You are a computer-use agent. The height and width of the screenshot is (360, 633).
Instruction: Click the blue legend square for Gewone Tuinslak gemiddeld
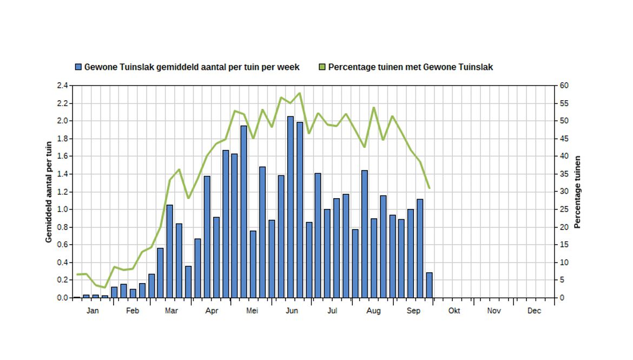pyautogui.click(x=78, y=67)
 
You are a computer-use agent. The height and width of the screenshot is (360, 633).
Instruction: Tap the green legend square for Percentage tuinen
pyautogui.click(x=322, y=67)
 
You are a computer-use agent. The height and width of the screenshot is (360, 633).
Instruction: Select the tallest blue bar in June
pyautogui.click(x=291, y=206)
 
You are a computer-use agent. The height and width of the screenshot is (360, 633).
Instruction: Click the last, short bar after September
pyautogui.click(x=429, y=285)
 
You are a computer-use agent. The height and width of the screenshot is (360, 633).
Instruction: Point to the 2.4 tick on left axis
pyautogui.click(x=62, y=86)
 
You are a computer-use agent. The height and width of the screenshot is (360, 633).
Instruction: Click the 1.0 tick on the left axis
pyautogui.click(x=62, y=210)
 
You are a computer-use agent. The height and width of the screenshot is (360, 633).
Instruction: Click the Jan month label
pyautogui.click(x=93, y=311)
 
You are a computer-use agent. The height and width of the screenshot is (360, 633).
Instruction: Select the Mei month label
pyautogui.click(x=252, y=311)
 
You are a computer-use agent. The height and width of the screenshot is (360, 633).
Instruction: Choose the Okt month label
pyautogui.click(x=454, y=311)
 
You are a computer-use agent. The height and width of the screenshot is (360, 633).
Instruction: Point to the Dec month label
pyautogui.click(x=534, y=311)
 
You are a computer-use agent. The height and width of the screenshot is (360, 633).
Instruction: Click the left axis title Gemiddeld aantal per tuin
pyautogui.click(x=49, y=192)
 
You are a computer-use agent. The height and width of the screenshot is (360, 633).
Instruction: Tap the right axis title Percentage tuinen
pyautogui.click(x=577, y=192)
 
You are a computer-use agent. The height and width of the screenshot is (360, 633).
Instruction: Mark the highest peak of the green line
pyautogui.click(x=300, y=93)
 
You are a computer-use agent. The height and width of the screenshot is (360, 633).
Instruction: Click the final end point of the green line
pyautogui.click(x=429, y=188)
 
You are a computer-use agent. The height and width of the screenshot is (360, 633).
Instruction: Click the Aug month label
pyautogui.click(x=373, y=311)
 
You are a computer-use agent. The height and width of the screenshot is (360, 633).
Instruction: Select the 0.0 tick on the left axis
pyautogui.click(x=62, y=298)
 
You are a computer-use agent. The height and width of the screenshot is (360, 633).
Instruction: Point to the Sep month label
pyautogui.click(x=413, y=311)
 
